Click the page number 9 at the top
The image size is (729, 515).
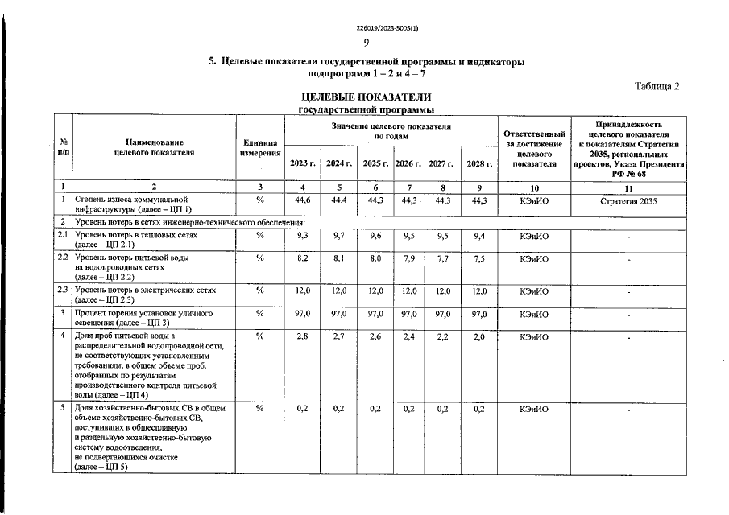367,43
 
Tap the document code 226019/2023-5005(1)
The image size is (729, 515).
366,27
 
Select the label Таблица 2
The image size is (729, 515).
657,87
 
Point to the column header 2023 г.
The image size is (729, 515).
303,163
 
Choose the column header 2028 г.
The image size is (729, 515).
479,163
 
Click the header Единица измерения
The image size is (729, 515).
260,147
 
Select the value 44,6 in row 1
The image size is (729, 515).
303,200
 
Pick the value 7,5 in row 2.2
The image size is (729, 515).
479,259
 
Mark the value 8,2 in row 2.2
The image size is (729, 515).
303,259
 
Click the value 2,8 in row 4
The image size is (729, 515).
303,336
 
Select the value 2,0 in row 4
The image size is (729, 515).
479,336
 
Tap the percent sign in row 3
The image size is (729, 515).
260,313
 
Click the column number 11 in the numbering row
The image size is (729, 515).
628,187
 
